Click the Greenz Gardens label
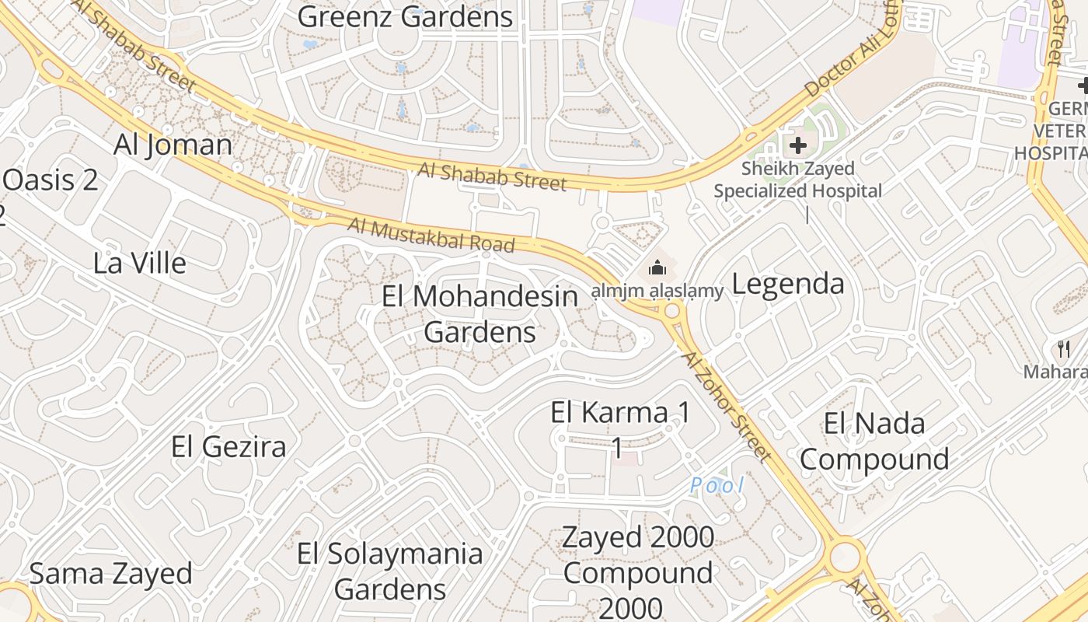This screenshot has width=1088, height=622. tap(405, 16)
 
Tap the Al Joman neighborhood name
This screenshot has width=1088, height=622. tap(173, 145)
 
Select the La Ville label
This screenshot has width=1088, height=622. tap(140, 263)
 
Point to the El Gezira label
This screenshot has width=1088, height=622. tap(228, 446)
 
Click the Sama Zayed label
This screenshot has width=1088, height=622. tap(110, 574)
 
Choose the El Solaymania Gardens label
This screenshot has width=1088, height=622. tap(390, 571)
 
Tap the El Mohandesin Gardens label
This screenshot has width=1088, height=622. tap(480, 314)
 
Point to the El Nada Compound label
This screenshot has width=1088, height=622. tap(874, 442)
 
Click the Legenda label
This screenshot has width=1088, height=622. tap(788, 284)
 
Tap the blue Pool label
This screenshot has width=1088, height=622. tap(717, 486)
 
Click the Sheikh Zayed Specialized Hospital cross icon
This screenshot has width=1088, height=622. tap(797, 145)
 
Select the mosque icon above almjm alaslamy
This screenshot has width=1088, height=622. tap(657, 268)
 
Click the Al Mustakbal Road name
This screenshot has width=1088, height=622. tap(431, 236)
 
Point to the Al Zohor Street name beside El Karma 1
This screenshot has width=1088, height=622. tap(727, 406)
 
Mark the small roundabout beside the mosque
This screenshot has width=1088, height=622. tap(672, 312)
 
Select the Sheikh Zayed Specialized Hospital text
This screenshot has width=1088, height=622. tap(797, 180)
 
